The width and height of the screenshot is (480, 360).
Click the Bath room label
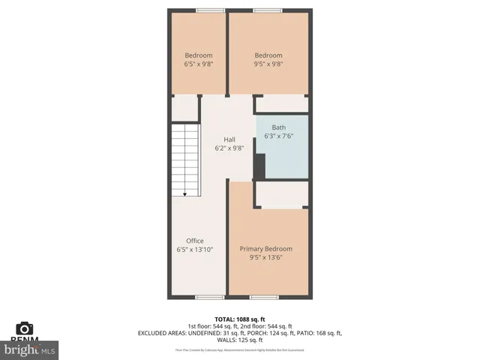(x=279, y=127)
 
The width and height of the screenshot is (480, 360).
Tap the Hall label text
(x=230, y=139)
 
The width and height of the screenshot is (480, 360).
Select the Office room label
(x=194, y=241)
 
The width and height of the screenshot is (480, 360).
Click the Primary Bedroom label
(x=266, y=248)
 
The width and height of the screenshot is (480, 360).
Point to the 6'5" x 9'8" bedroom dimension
(x=199, y=64)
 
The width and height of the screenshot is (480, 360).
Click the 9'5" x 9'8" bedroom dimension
(x=268, y=64)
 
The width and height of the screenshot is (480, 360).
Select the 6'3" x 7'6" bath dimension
(x=279, y=136)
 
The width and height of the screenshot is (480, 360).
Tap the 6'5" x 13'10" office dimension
(x=194, y=250)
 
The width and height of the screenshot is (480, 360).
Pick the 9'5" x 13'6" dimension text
(x=266, y=257)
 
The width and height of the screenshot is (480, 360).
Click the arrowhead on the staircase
(x=185, y=193)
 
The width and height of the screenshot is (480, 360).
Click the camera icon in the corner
(x=25, y=328)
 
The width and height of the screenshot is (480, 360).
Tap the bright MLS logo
(x=30, y=349)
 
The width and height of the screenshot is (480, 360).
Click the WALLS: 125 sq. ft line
(x=240, y=340)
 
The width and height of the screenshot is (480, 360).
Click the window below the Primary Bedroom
(x=263, y=297)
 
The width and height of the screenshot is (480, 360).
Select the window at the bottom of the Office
(x=205, y=297)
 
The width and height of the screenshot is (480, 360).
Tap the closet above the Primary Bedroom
(x=282, y=195)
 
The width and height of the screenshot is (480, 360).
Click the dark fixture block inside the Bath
(x=260, y=166)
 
